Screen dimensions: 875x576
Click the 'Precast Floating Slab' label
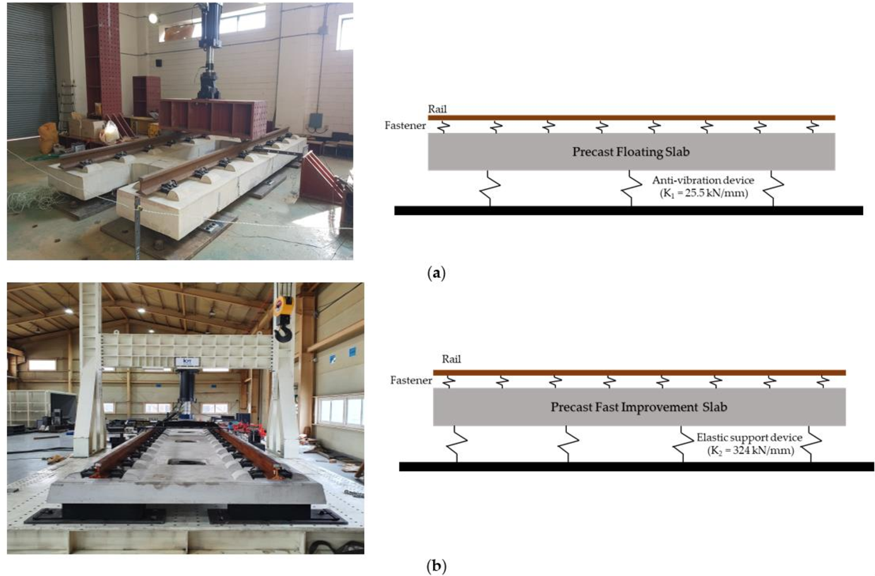631,152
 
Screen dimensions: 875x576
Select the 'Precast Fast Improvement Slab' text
639,407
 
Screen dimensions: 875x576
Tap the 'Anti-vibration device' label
703,180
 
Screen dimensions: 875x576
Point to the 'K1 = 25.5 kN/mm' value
703,193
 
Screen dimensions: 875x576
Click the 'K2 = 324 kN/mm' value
751,450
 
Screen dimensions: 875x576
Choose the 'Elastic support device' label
749,437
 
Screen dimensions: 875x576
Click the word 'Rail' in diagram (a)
437,109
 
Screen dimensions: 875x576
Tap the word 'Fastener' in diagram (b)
411,380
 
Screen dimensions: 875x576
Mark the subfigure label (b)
437,566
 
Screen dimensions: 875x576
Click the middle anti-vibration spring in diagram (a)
631,188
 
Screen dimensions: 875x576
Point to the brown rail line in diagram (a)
632,117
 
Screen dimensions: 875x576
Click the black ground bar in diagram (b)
637,467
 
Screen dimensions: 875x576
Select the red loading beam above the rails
213,118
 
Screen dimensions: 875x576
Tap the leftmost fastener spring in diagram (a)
443,126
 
